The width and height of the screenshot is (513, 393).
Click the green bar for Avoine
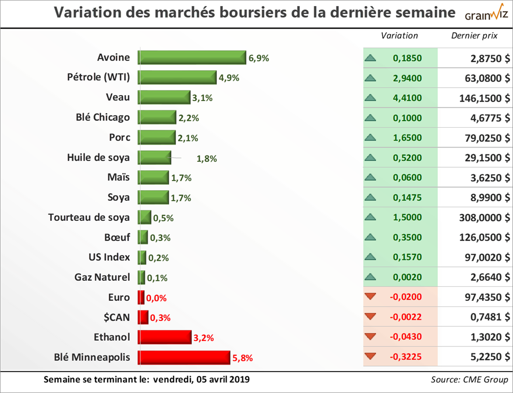pyautogui.click(x=192, y=58)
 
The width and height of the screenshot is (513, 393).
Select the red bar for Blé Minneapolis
pyautogui.click(x=184, y=357)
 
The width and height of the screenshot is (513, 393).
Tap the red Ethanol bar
pyautogui.click(x=165, y=337)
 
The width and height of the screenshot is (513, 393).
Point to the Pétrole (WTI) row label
pyautogui.click(x=98, y=78)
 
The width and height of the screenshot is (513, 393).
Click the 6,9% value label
pyautogui.click(x=259, y=58)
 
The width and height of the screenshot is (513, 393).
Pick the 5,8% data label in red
pyautogui.click(x=242, y=358)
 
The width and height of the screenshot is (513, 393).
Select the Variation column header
pyautogui.click(x=399, y=36)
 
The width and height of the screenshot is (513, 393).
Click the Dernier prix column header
pyautogui.click(x=474, y=36)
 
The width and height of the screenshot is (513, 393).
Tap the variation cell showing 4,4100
pyautogui.click(x=407, y=98)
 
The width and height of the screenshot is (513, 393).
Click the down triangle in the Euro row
pyautogui.click(x=371, y=297)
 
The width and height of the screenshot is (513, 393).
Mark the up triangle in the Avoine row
pyautogui.click(x=371, y=58)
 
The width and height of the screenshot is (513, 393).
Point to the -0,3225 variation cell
pyautogui.click(x=405, y=357)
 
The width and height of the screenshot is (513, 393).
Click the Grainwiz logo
pyautogui.click(x=485, y=14)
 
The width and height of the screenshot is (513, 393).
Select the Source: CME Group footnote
pyautogui.click(x=469, y=379)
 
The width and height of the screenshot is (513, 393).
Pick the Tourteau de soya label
pyautogui.click(x=89, y=217)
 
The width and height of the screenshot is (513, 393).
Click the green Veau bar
pyautogui.click(x=164, y=98)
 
